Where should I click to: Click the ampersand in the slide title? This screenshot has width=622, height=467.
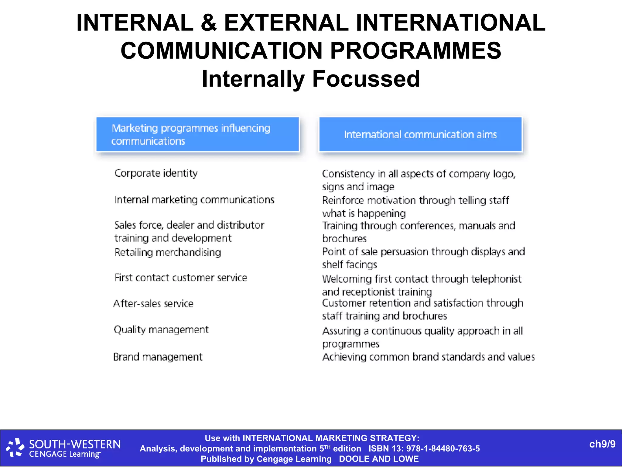point(209,23)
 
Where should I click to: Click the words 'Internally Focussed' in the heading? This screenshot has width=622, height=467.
point(311,79)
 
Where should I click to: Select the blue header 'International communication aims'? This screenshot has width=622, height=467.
point(420,134)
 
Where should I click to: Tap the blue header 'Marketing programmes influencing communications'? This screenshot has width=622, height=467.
point(197,134)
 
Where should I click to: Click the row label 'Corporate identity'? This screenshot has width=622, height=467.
point(156,173)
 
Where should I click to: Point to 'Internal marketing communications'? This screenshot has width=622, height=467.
point(194,200)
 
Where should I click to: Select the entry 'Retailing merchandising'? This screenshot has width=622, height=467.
point(168,252)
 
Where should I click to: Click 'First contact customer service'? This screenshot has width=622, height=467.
point(181,278)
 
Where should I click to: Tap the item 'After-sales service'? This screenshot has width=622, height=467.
point(153,303)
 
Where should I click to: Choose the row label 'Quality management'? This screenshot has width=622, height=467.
point(161,330)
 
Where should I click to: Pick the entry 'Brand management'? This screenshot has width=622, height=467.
point(158,357)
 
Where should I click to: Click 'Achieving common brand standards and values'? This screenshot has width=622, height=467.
point(428,357)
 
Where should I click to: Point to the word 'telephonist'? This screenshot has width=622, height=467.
point(496,279)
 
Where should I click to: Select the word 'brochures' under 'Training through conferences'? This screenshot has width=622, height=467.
point(344,239)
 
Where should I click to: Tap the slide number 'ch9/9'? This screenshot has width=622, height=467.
point(602,444)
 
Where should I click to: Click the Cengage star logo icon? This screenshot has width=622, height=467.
point(15,448)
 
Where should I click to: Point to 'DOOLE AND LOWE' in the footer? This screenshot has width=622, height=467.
point(379,459)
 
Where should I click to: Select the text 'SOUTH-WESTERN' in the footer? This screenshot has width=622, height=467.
point(75,445)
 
